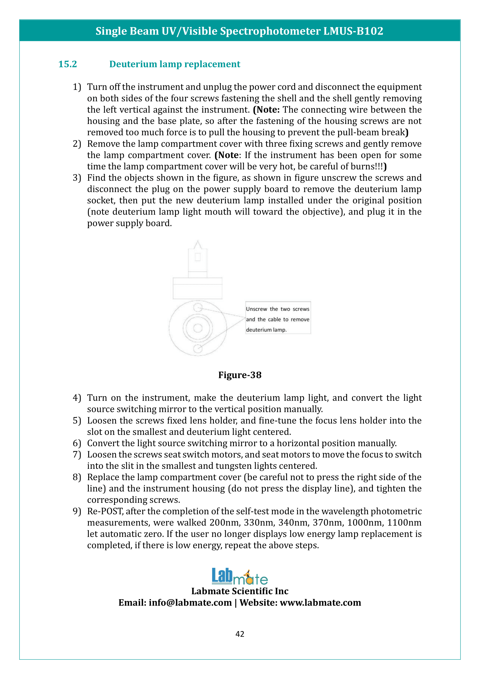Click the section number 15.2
[68, 64]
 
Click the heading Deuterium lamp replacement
[175, 64]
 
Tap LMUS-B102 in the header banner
[353, 31]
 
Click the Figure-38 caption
[240, 375]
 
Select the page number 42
[240, 634]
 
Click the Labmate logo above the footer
[240, 577]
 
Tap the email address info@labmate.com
[190, 603]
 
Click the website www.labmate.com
[320, 603]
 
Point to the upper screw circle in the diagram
[198, 307]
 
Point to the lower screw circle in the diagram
[198, 349]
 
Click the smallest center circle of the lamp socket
[198, 328]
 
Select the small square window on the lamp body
[198, 257]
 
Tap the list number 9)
[77, 511]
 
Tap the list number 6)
[77, 443]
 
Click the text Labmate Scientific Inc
[240, 591]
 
